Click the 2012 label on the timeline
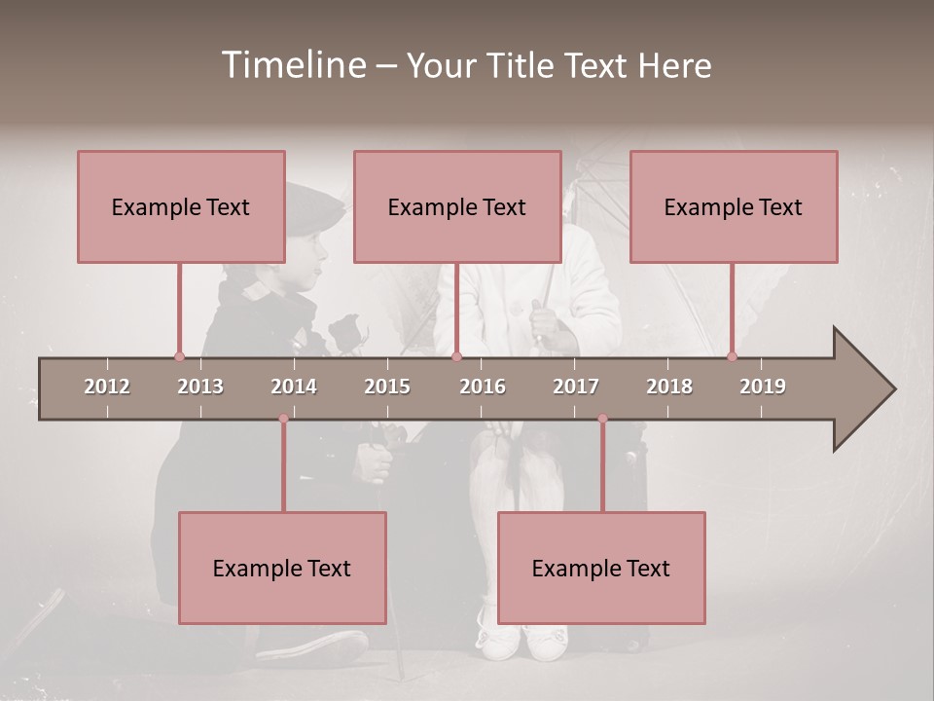pos(107,387)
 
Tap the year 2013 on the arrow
pos(200,387)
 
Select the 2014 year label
pos(294,387)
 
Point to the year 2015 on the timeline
pos(387,387)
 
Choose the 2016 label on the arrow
pos(483,387)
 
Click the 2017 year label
pos(576,387)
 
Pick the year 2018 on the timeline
pos(669,387)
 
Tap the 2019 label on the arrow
pos(763,387)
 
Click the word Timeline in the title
pos(292,65)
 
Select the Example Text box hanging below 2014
pos(282,568)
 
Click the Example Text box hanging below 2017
pos(601,568)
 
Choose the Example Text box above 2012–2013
pos(181,206)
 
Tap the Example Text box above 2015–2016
pos(457,206)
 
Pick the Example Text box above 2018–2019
pos(734,206)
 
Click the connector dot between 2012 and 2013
pos(179,356)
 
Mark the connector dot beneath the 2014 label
pos(283,419)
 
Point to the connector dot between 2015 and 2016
pos(456,356)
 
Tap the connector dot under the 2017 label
pos(602,419)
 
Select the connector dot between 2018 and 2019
pos(732,356)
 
